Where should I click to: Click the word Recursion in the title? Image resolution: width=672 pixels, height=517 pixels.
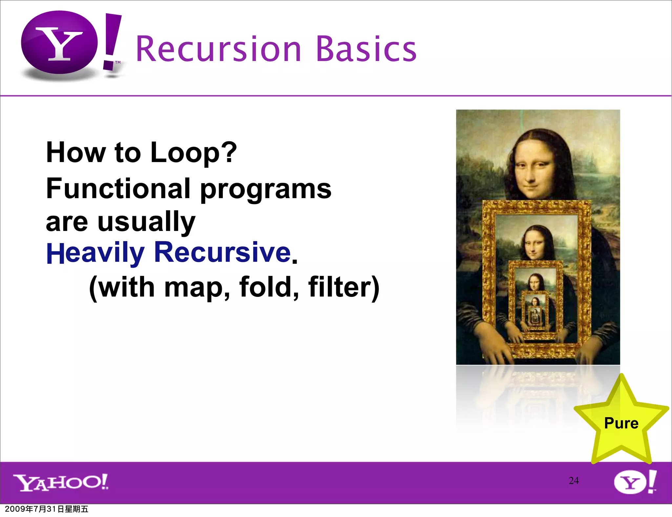click(x=218, y=49)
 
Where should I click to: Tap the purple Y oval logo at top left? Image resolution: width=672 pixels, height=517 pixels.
click(x=59, y=43)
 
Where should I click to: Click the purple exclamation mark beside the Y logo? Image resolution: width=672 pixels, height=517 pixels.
click(x=112, y=41)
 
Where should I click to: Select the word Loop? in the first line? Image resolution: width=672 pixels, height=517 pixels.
click(x=193, y=153)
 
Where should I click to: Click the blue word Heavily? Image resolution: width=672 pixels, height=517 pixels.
click(x=95, y=253)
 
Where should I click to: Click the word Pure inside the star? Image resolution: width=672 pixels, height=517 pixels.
click(x=621, y=423)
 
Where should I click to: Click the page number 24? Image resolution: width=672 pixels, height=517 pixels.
click(x=574, y=481)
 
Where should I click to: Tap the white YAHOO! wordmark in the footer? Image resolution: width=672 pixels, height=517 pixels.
click(x=61, y=482)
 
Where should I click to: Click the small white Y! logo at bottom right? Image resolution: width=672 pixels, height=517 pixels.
click(x=635, y=482)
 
